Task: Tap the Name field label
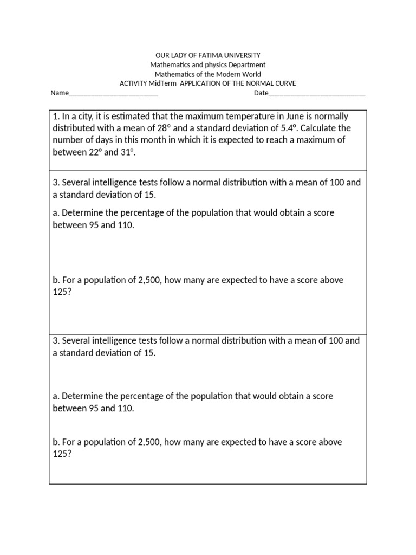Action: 60,93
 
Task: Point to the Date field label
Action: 261,93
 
